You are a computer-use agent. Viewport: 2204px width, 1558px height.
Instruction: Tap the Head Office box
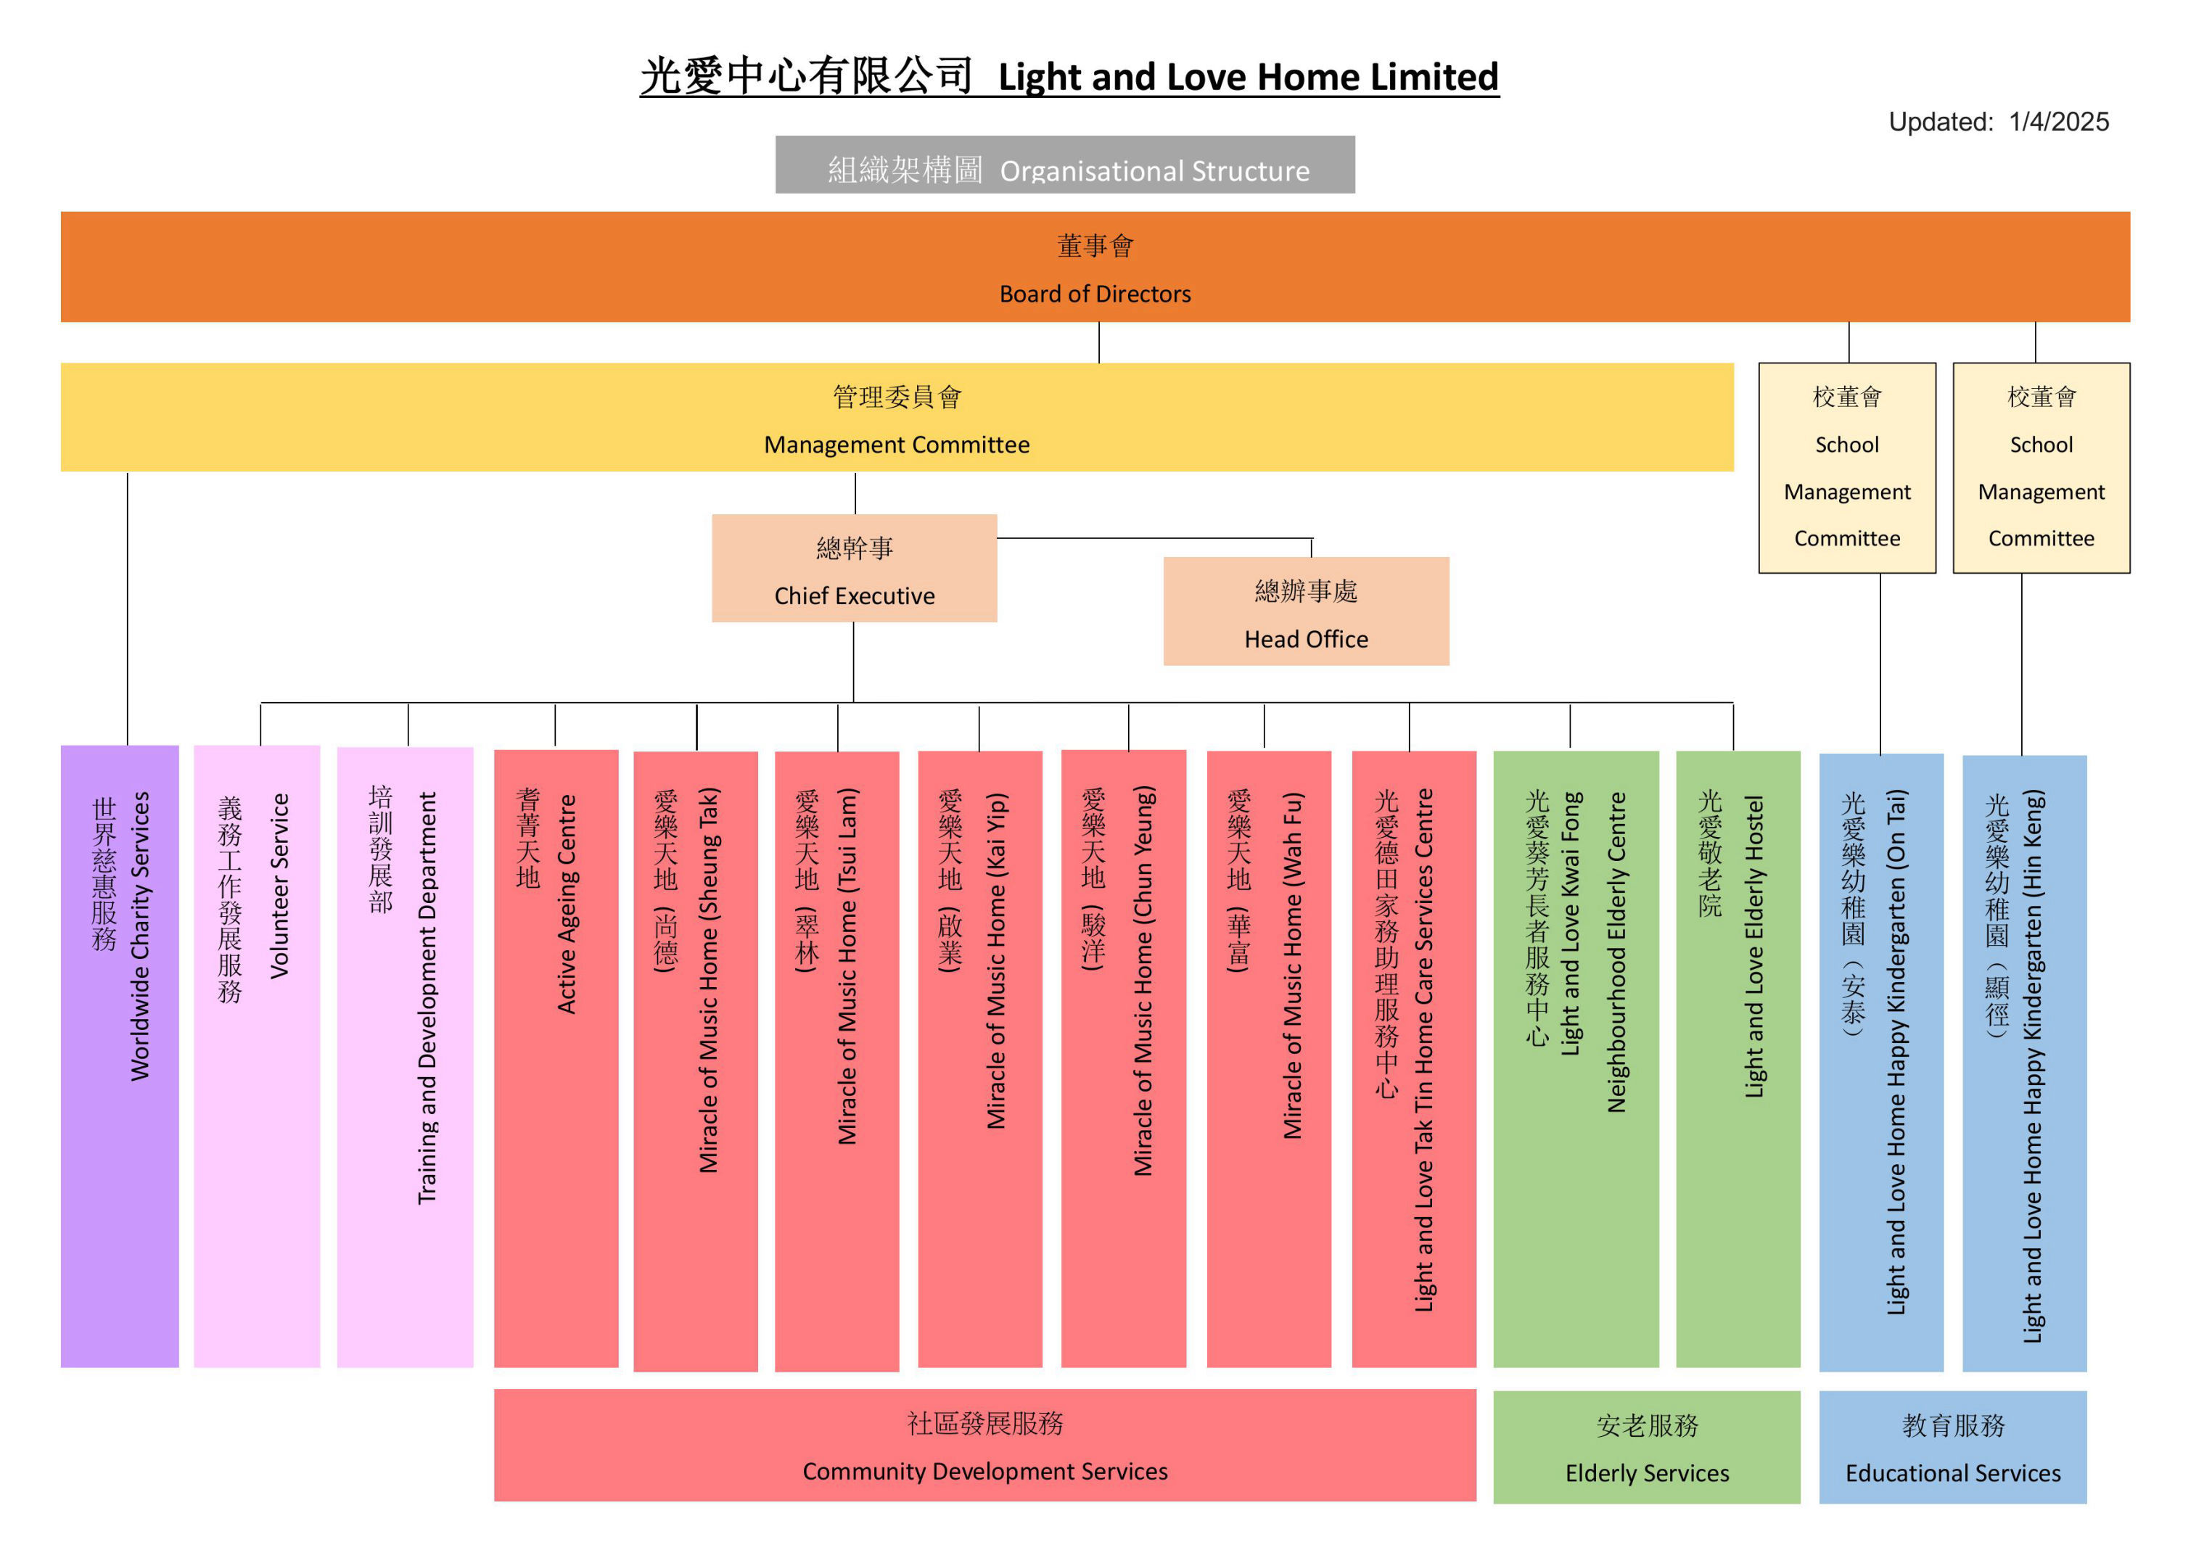point(1306,611)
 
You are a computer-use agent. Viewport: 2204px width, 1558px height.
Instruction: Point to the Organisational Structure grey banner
point(1064,165)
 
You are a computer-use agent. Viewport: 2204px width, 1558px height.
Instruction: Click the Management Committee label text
point(897,445)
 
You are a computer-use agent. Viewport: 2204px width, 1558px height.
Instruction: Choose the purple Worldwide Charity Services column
point(120,1056)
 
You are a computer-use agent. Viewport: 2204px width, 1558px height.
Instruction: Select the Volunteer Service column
point(256,1056)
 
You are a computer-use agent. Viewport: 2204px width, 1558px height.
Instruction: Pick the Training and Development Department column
point(405,1056)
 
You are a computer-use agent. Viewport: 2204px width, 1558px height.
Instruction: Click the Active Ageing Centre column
point(556,1056)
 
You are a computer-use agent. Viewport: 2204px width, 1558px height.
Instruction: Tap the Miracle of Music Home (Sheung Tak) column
point(696,1056)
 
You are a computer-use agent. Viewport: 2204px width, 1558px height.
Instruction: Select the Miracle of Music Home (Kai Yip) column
point(979,1056)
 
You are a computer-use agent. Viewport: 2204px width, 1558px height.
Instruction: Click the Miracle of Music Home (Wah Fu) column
point(1268,1056)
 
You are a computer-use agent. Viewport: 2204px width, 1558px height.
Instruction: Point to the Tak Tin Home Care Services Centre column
point(1413,1056)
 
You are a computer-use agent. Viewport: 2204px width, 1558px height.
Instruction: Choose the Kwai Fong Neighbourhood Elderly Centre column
point(1575,1056)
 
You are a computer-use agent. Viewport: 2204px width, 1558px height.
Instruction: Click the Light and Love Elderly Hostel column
point(1738,1056)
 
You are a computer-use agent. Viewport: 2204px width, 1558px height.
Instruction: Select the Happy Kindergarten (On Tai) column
point(1880,1056)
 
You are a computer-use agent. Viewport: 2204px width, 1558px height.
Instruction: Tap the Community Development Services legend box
point(985,1445)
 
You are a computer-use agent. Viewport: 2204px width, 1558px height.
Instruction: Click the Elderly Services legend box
point(1646,1446)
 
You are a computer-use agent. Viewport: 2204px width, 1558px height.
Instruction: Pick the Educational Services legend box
point(1952,1446)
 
